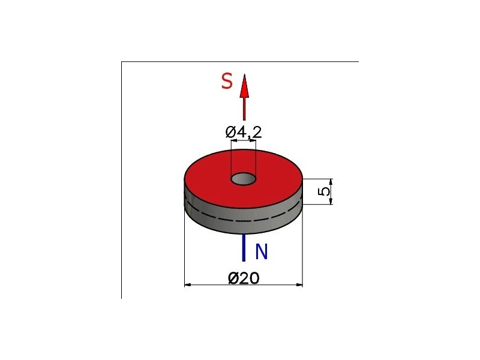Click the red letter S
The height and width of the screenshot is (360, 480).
[x=227, y=82]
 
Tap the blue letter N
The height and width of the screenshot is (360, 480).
[x=262, y=251]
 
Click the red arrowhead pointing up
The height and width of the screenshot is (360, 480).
[x=244, y=86]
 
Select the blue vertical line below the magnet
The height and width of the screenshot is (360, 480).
[x=244, y=248]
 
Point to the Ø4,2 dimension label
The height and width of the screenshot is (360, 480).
[x=244, y=132]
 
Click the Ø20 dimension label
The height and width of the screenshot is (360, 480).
[x=244, y=278]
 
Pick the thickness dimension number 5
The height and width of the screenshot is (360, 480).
[x=325, y=191]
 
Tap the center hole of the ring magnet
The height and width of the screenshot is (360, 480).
[x=244, y=179]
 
